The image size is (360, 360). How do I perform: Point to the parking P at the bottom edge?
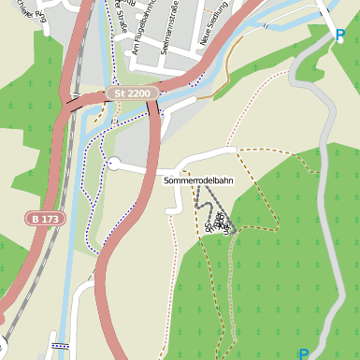303,353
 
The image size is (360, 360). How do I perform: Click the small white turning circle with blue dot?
112,164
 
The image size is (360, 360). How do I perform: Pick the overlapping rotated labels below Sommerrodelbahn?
216,222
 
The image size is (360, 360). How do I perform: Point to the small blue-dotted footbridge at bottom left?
60,345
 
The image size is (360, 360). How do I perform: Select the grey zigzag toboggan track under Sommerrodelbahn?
210,201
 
